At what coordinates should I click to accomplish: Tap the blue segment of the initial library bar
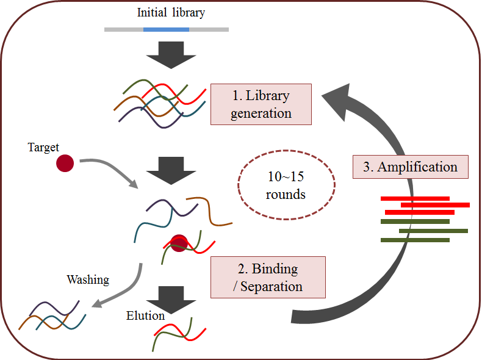click(x=166, y=29)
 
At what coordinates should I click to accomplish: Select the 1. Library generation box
click(x=261, y=104)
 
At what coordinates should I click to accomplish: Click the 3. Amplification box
click(x=410, y=167)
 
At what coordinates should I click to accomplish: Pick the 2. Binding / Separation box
click(x=268, y=277)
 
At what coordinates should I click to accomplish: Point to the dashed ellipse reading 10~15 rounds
click(x=286, y=185)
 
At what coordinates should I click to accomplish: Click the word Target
click(x=45, y=147)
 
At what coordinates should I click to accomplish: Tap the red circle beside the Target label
click(x=65, y=164)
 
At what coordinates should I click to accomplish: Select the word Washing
click(x=88, y=280)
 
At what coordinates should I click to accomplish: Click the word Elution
click(x=145, y=315)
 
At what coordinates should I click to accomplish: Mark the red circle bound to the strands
click(x=178, y=243)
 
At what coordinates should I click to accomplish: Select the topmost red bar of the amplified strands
click(x=415, y=198)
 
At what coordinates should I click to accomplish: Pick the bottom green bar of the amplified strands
click(x=415, y=240)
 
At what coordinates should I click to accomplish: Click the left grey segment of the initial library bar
click(x=124, y=29)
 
